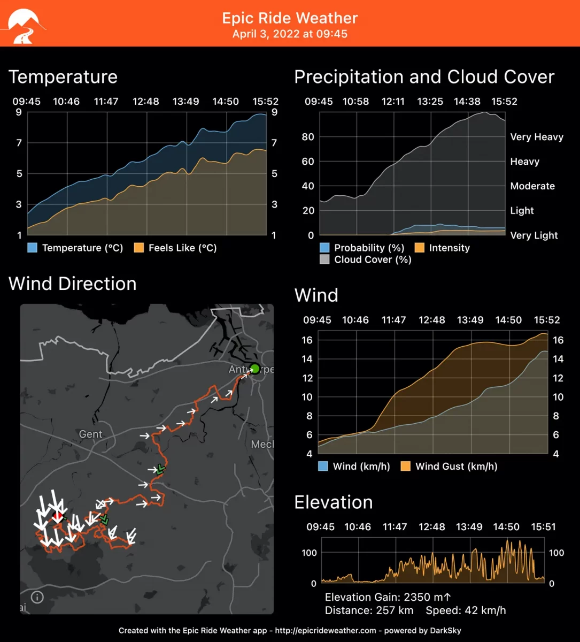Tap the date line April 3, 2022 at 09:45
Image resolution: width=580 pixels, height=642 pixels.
pos(290,34)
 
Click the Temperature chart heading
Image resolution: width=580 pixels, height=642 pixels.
pos(63,77)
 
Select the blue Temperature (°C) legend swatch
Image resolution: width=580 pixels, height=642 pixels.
pos(33,248)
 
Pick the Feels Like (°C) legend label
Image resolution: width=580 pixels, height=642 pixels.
pos(182,248)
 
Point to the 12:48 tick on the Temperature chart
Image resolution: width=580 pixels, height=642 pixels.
pos(146,101)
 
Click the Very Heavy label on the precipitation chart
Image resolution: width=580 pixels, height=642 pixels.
pos(537,137)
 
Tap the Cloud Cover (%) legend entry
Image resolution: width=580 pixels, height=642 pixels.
pos(373,259)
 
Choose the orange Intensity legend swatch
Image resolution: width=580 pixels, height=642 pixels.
pos(420,248)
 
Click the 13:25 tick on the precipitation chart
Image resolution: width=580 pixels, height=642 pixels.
pos(430,101)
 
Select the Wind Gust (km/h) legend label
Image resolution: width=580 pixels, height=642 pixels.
pos(456,467)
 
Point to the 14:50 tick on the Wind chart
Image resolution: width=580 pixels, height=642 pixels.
pos(508,320)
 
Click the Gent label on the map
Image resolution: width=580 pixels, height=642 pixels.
pos(90,434)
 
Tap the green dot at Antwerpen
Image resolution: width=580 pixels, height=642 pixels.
pos(254,368)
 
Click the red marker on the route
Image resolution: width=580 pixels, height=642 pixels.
pos(58,516)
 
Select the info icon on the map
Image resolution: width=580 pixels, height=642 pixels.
pos(37,597)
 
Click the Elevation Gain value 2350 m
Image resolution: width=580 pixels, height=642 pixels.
pos(422,597)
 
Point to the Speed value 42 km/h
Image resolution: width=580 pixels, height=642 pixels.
pos(485,610)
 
